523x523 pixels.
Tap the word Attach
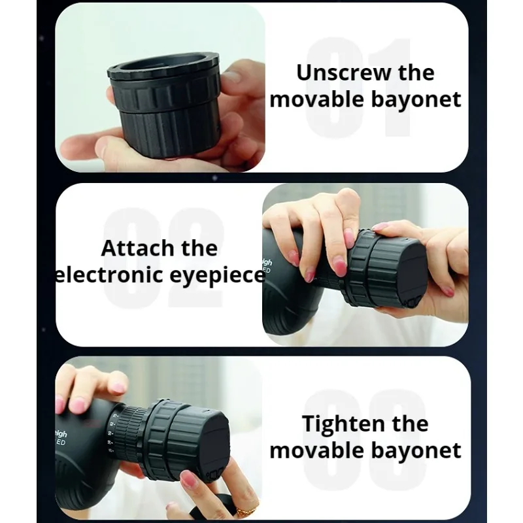138,248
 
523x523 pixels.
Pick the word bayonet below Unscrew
416,99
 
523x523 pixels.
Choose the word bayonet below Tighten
416,450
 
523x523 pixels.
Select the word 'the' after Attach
199,248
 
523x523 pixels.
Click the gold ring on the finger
245,511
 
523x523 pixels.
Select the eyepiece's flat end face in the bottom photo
215,440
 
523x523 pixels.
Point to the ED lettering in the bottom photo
61,443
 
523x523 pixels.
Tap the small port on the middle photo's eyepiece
413,302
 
